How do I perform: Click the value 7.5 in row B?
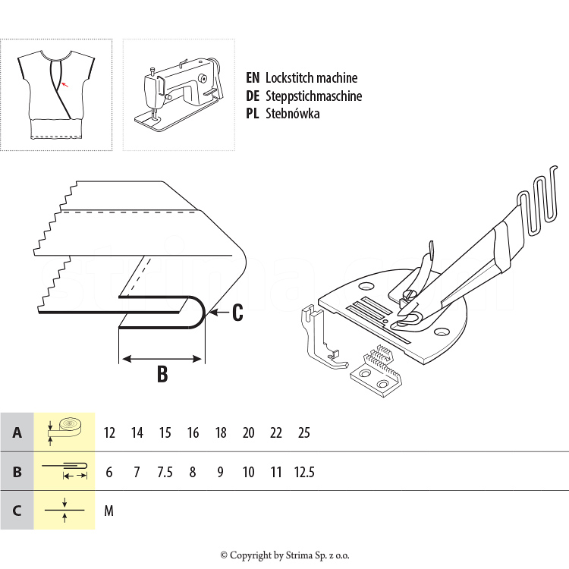pyautogui.click(x=165, y=472)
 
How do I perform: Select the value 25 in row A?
pyautogui.click(x=304, y=433)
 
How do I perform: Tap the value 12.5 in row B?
pyautogui.click(x=304, y=472)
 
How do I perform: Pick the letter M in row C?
pyautogui.click(x=108, y=511)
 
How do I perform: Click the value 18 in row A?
pyautogui.click(x=221, y=433)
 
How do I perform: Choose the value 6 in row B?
pyautogui.click(x=109, y=472)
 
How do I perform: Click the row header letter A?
pyautogui.click(x=17, y=433)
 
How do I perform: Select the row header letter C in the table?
pyautogui.click(x=17, y=511)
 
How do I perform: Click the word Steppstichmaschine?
pyautogui.click(x=313, y=96)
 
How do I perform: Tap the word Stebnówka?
pyautogui.click(x=292, y=114)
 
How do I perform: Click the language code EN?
pyautogui.click(x=253, y=78)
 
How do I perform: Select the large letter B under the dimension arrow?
pyautogui.click(x=162, y=374)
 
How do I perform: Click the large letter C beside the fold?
pyautogui.click(x=237, y=312)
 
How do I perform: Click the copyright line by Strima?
pyautogui.click(x=284, y=555)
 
